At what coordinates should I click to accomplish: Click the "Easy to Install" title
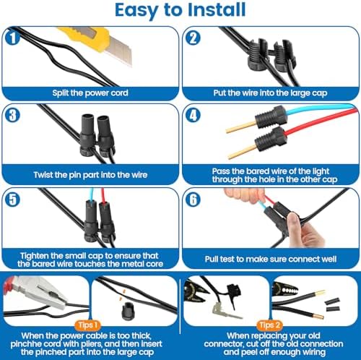coord(180,10)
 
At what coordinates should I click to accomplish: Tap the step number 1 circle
coord(12,38)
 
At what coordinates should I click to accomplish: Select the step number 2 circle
coord(193,38)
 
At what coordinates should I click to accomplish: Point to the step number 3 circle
coord(12,115)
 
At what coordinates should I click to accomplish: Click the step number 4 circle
coord(193,115)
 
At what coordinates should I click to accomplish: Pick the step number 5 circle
coord(12,200)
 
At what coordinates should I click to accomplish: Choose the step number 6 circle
coord(193,200)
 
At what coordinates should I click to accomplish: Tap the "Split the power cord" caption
coord(90,93)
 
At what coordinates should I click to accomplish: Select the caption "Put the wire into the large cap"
coord(270,93)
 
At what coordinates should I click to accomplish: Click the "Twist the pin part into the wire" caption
coord(90,175)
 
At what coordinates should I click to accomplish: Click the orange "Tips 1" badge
coord(88,325)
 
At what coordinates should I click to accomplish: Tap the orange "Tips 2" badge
coord(269,325)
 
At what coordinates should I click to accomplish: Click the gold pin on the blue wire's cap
coord(241,127)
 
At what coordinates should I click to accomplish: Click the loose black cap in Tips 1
coord(127,312)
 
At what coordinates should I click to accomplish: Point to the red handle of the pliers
coord(9,283)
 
